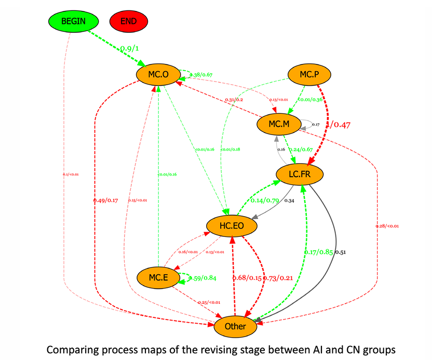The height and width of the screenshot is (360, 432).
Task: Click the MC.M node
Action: (x=278, y=124)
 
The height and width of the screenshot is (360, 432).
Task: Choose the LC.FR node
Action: (x=300, y=174)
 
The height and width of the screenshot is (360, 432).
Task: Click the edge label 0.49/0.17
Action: (x=106, y=200)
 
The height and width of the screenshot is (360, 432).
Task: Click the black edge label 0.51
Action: (x=341, y=252)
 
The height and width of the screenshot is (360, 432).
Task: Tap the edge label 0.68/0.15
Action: (x=248, y=278)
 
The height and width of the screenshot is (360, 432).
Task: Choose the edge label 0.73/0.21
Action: (x=279, y=278)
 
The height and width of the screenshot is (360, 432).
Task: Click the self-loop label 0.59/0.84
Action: (x=203, y=278)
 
